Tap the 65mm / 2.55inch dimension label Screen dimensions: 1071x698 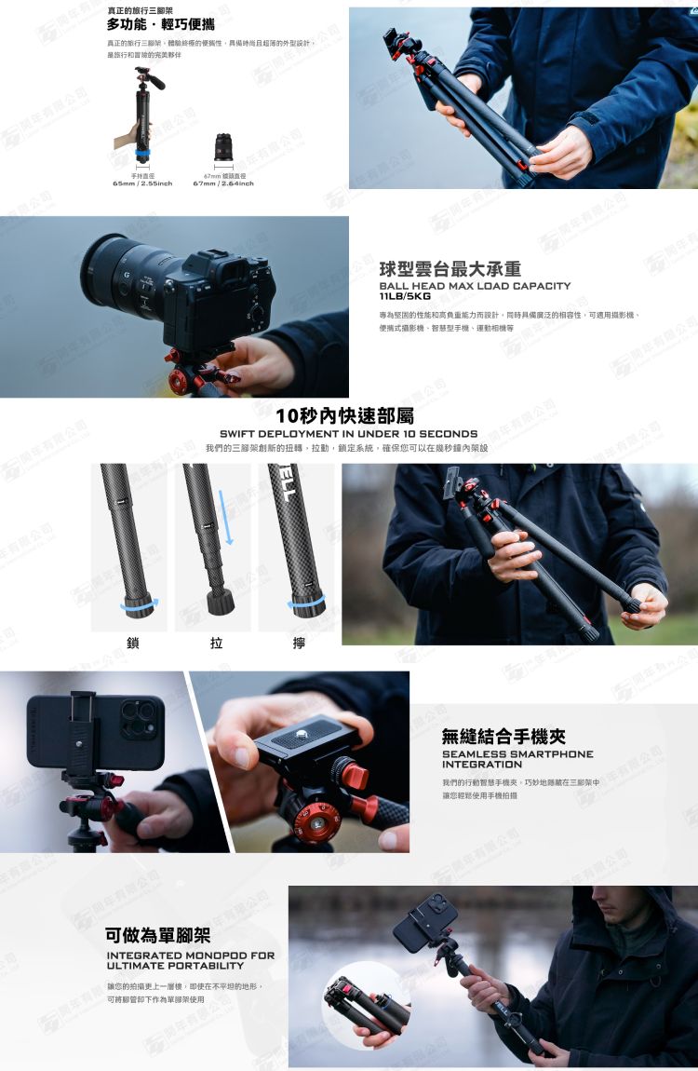[x=142, y=183]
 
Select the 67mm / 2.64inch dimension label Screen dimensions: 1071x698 [x=222, y=183]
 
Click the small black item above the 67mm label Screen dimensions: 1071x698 [x=223, y=146]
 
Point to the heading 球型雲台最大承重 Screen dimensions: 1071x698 [x=443, y=269]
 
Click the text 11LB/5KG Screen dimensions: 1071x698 [x=398, y=296]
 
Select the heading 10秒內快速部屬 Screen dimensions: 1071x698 [x=345, y=415]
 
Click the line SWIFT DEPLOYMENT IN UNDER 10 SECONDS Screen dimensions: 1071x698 [x=348, y=434]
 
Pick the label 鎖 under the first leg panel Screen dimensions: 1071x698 [x=133, y=643]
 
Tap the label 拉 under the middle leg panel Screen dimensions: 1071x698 [x=216, y=643]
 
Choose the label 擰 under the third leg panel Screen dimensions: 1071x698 [x=298, y=643]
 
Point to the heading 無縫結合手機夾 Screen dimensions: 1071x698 [x=503, y=736]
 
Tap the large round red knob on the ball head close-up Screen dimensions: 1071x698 [x=315, y=821]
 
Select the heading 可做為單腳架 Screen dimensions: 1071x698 [x=157, y=935]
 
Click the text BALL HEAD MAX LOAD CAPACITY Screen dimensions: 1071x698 [x=475, y=286]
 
